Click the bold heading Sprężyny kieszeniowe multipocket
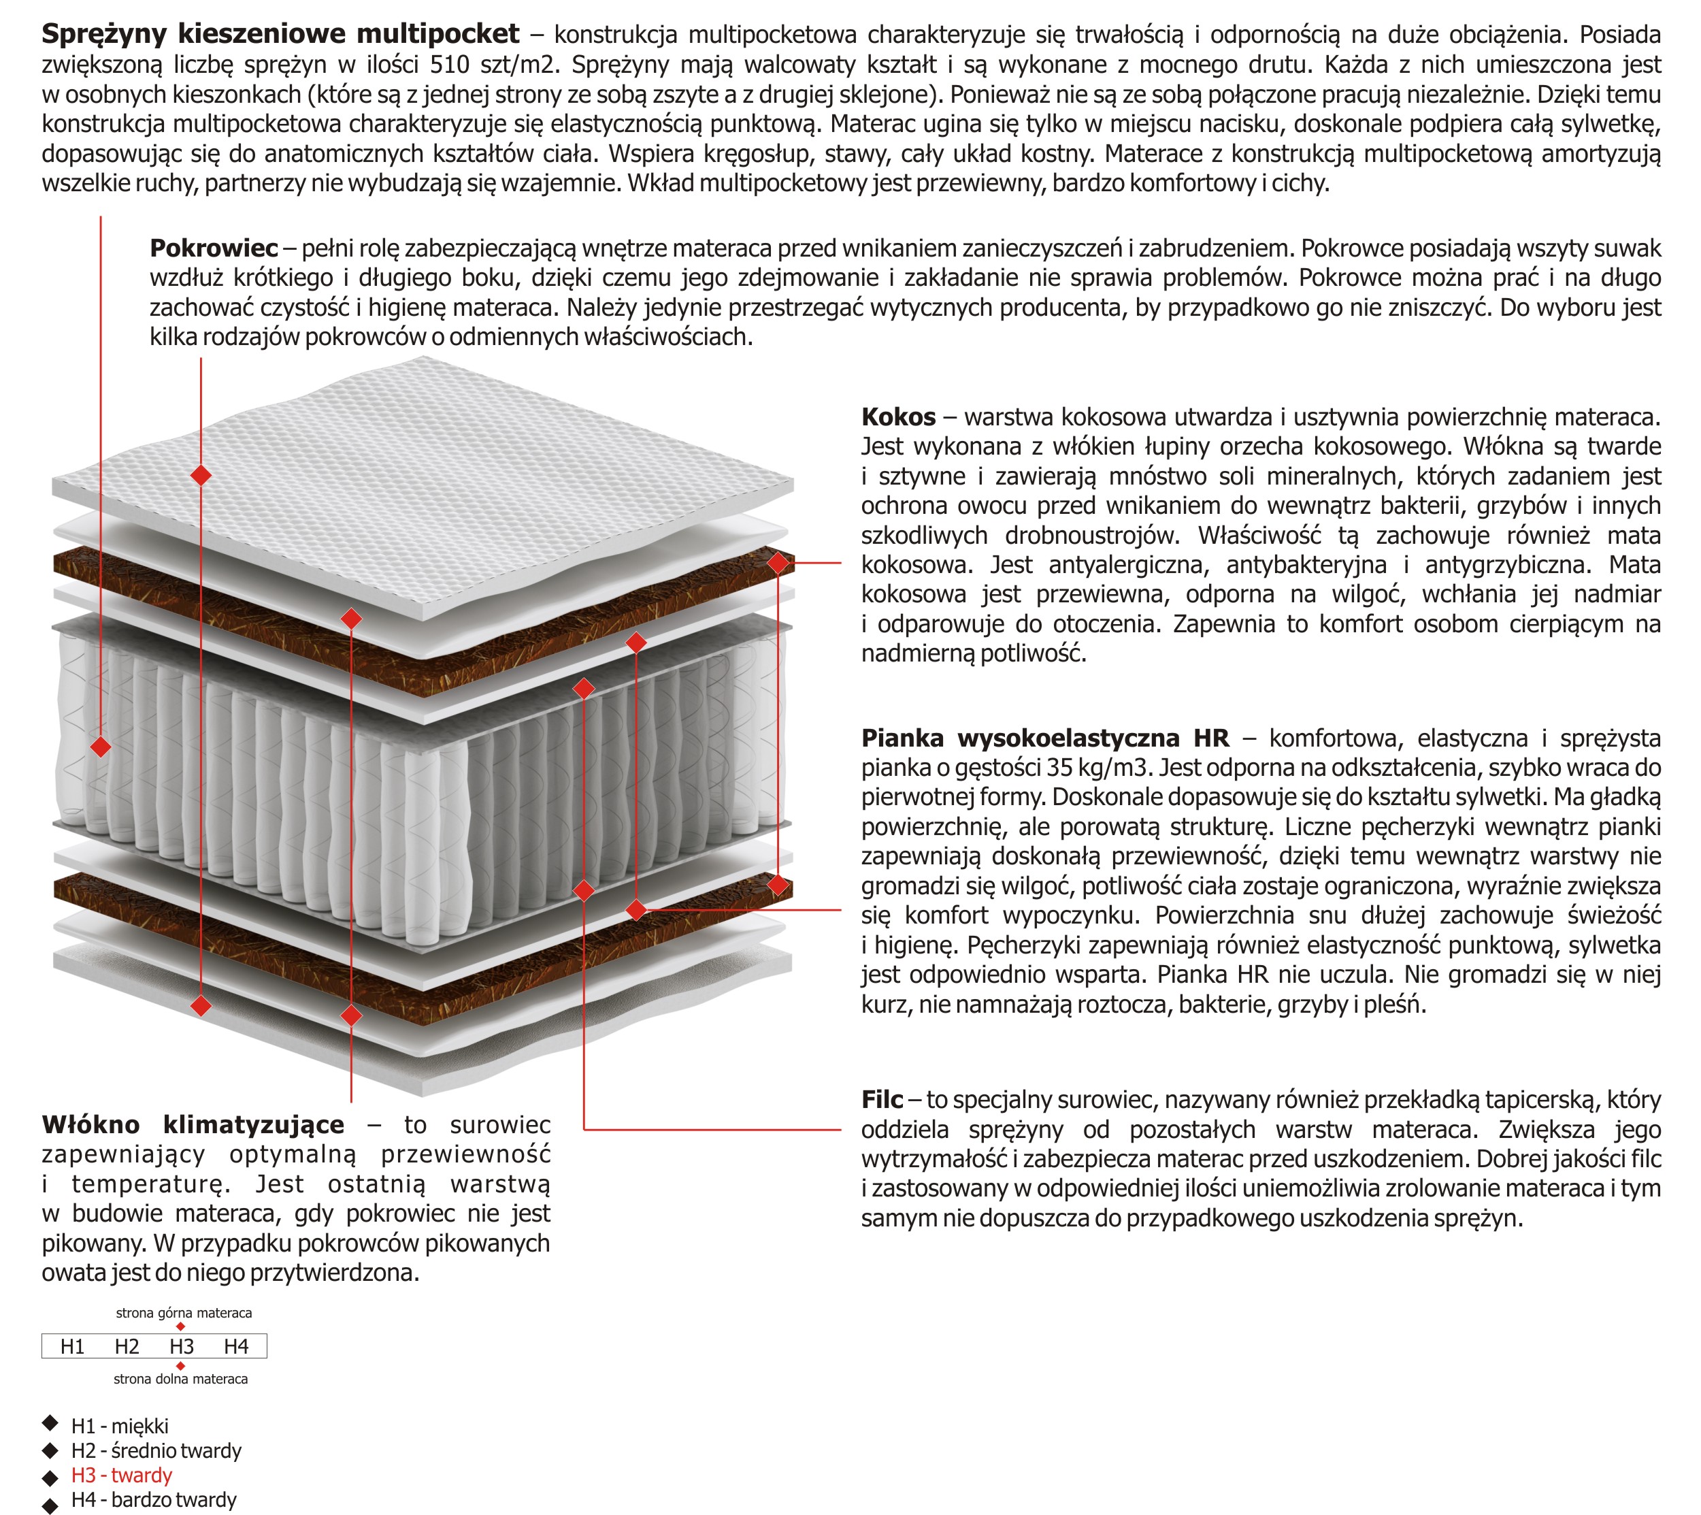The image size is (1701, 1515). click(x=280, y=34)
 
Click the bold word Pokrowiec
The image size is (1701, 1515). click(x=213, y=248)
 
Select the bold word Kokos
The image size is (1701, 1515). click(x=898, y=417)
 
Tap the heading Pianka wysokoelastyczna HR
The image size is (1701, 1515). click(x=1044, y=738)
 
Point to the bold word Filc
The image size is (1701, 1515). click(x=881, y=1100)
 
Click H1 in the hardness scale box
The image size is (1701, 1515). click(x=72, y=1347)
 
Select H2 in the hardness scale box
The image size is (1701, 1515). click(x=127, y=1347)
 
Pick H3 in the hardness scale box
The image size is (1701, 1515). click(x=182, y=1347)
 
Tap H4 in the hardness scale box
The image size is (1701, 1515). click(x=235, y=1347)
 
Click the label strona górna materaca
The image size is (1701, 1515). click(x=183, y=1313)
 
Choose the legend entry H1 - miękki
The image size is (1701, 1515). click(x=120, y=1427)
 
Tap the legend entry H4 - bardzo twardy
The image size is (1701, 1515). click(x=154, y=1500)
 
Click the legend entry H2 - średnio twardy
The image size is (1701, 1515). click(x=156, y=1451)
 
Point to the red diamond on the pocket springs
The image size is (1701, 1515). click(x=101, y=746)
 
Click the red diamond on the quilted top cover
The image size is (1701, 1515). click(x=201, y=475)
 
